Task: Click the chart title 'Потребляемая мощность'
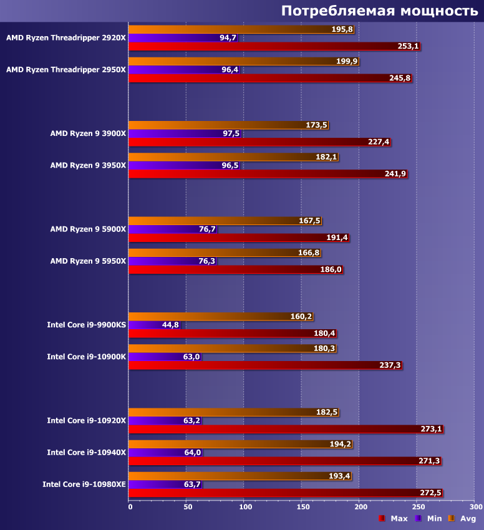point(379,11)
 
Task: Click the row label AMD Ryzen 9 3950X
point(88,165)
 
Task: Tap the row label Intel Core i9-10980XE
point(84,484)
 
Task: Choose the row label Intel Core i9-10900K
point(86,357)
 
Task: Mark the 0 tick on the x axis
point(130,507)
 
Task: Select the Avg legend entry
point(462,519)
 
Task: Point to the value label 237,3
point(390,365)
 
